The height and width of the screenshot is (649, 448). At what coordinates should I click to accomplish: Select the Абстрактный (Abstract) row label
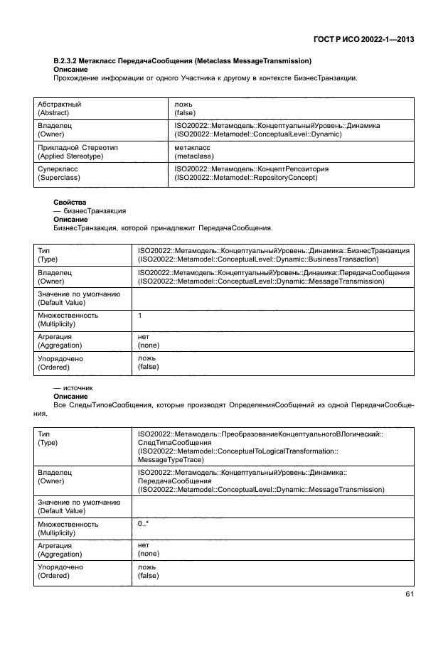tap(59, 108)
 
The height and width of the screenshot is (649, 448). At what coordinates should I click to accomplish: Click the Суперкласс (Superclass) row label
tap(58, 173)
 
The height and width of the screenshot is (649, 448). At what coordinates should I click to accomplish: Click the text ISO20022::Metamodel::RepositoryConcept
tap(246, 178)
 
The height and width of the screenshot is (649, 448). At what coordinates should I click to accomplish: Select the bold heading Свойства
tap(69, 203)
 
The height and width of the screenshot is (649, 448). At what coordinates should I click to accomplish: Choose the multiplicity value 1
tap(140, 315)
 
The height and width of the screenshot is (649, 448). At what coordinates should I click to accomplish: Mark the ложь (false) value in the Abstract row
tap(186, 108)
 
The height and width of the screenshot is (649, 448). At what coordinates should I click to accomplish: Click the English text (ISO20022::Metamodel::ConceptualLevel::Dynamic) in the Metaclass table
tap(258, 133)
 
